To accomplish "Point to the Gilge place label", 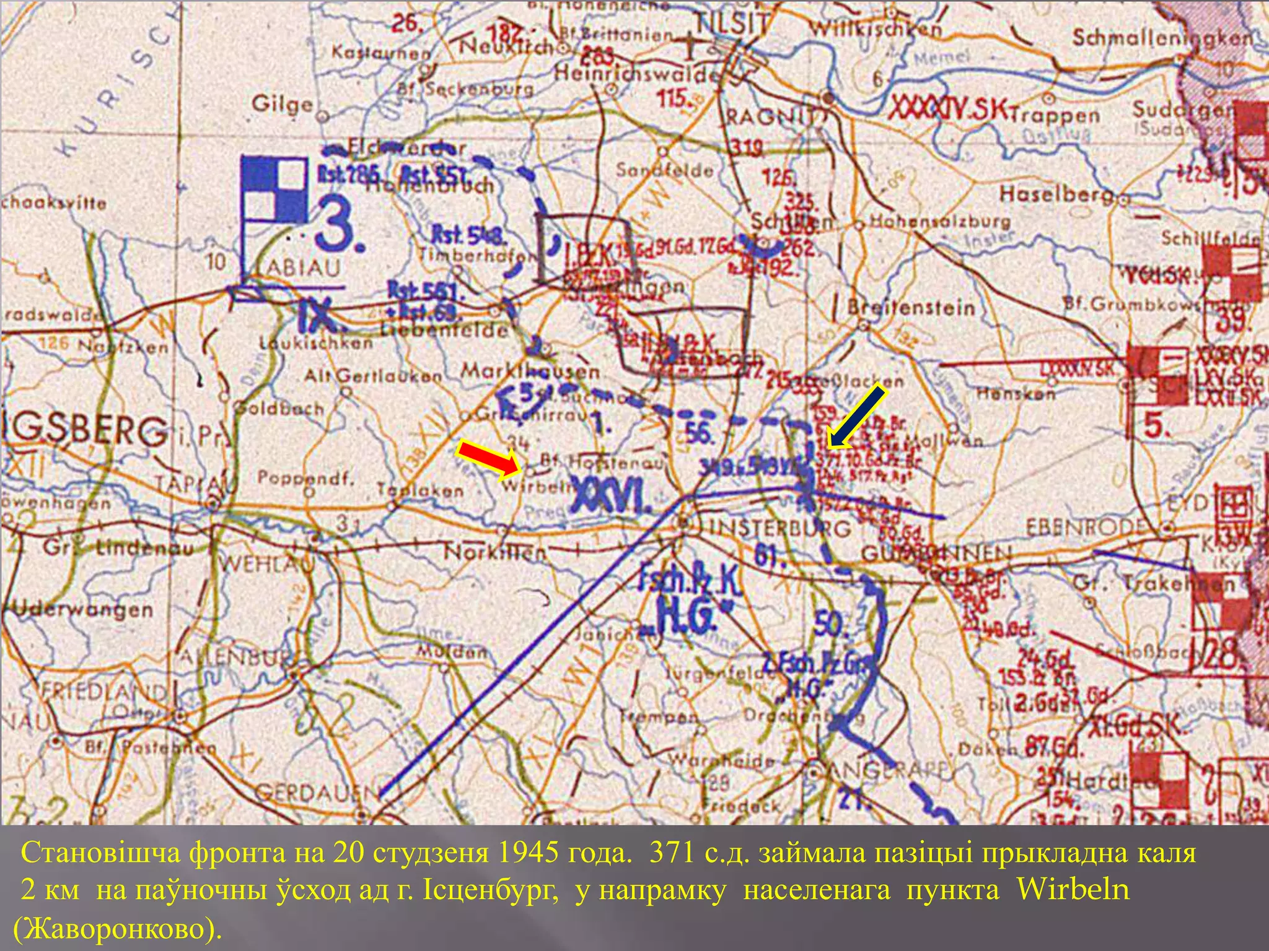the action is coord(283,104).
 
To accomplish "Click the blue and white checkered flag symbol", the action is coord(274,189).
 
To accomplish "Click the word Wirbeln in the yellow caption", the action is coord(1073,890).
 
